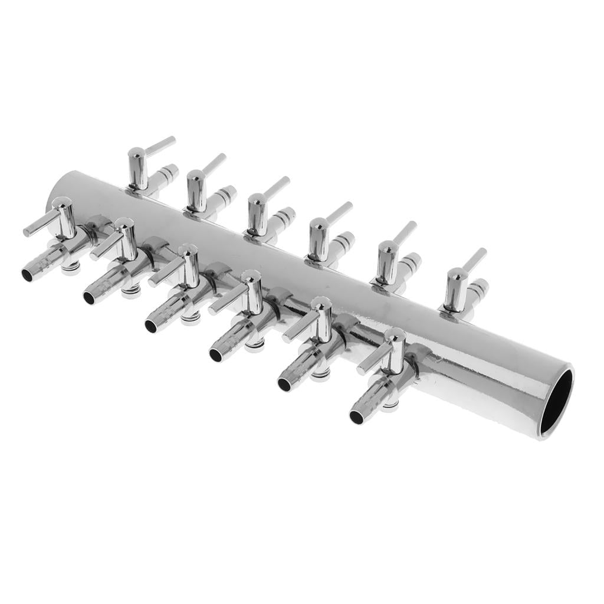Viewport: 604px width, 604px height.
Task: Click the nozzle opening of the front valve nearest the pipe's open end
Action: click(x=356, y=417)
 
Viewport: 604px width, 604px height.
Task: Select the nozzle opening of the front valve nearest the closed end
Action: click(x=28, y=274)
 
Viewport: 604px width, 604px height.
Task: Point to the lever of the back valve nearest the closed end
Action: click(x=160, y=146)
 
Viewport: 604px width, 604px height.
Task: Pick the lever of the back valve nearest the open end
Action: click(x=474, y=260)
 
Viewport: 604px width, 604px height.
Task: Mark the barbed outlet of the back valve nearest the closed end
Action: click(x=167, y=174)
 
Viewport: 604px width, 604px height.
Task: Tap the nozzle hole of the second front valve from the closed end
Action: click(x=89, y=297)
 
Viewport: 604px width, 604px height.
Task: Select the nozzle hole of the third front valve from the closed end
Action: click(x=151, y=326)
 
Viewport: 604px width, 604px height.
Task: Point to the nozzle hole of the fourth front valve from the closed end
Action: click(x=216, y=354)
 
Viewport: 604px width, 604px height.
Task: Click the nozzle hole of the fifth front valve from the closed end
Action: click(x=284, y=384)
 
